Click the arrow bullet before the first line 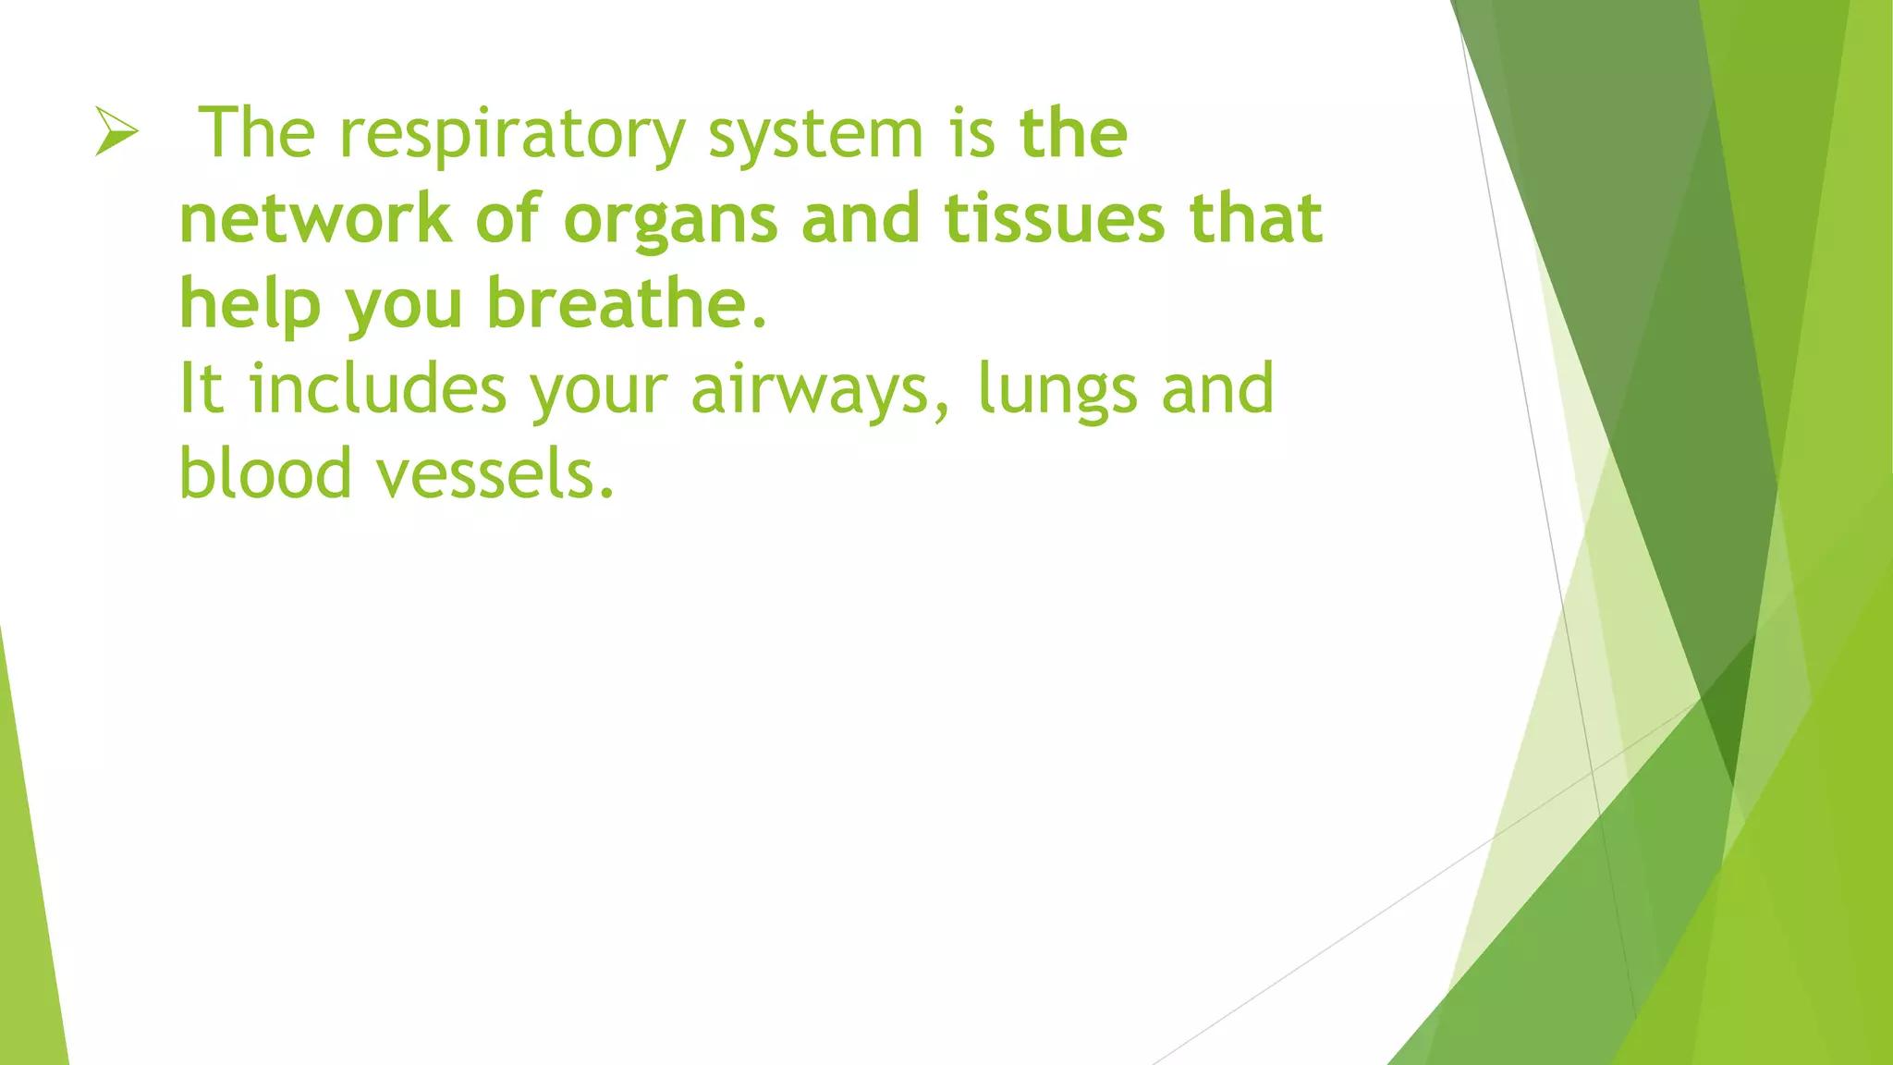point(116,131)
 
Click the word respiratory point(512,135)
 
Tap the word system point(816,135)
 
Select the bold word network point(315,219)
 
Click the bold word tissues point(1054,219)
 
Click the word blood point(265,473)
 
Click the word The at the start point(258,133)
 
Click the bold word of point(507,219)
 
